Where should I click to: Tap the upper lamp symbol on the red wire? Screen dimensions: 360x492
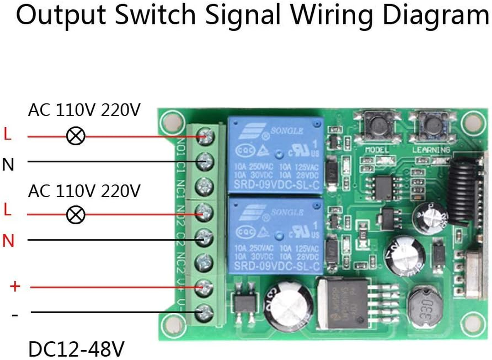click(76, 135)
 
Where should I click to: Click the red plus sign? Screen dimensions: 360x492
click(15, 286)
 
